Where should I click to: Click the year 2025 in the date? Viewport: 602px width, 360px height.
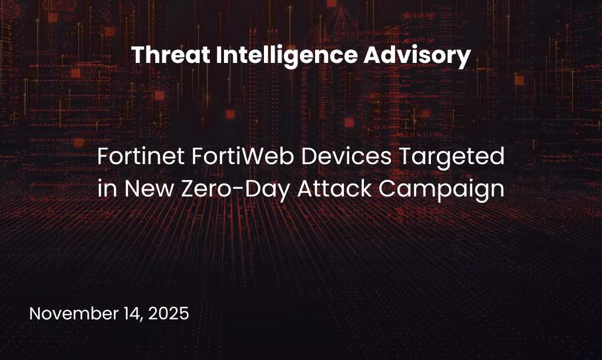[x=169, y=313]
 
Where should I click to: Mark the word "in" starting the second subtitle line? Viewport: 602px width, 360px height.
[x=103, y=189]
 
